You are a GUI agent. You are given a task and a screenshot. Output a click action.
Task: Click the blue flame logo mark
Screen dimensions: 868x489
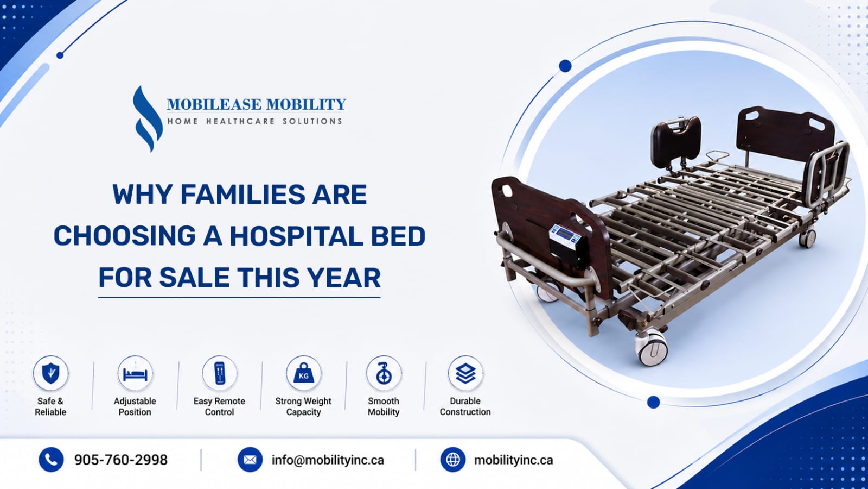pos(147,119)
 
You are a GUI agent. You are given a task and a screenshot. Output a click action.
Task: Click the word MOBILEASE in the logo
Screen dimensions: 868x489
pos(214,104)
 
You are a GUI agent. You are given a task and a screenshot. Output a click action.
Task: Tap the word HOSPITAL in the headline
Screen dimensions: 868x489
pos(296,236)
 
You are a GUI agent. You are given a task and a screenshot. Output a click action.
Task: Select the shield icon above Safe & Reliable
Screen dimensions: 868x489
pos(50,373)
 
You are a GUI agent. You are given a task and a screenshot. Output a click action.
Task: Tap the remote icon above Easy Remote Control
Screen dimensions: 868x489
pos(220,373)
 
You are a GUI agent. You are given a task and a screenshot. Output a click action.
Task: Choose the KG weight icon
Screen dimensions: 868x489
pos(304,373)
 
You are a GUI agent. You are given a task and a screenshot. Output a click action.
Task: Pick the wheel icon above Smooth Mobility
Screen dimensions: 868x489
pos(384,373)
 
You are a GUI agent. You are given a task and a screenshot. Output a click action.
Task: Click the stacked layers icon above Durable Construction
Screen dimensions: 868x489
pos(465,373)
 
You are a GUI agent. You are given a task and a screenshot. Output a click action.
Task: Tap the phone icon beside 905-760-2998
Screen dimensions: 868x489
pos(51,460)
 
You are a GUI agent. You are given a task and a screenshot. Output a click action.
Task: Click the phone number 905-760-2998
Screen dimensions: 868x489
pos(121,460)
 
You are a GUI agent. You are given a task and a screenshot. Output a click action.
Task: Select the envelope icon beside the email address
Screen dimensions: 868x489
pos(250,460)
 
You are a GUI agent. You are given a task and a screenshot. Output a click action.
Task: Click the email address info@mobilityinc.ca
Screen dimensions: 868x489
pos(328,460)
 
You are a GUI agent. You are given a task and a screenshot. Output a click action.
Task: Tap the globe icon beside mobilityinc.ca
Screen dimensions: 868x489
pos(453,460)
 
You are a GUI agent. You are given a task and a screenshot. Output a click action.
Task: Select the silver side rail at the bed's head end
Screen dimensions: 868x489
pos(826,174)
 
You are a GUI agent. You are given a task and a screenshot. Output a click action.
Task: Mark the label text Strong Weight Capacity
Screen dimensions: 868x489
pos(303,406)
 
